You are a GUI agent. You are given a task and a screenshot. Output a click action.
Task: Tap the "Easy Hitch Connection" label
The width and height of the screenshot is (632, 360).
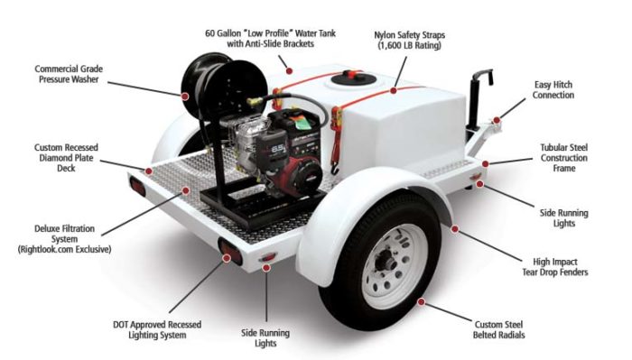point(552,89)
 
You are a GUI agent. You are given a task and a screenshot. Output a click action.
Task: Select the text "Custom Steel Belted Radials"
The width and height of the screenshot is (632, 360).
point(510,329)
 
